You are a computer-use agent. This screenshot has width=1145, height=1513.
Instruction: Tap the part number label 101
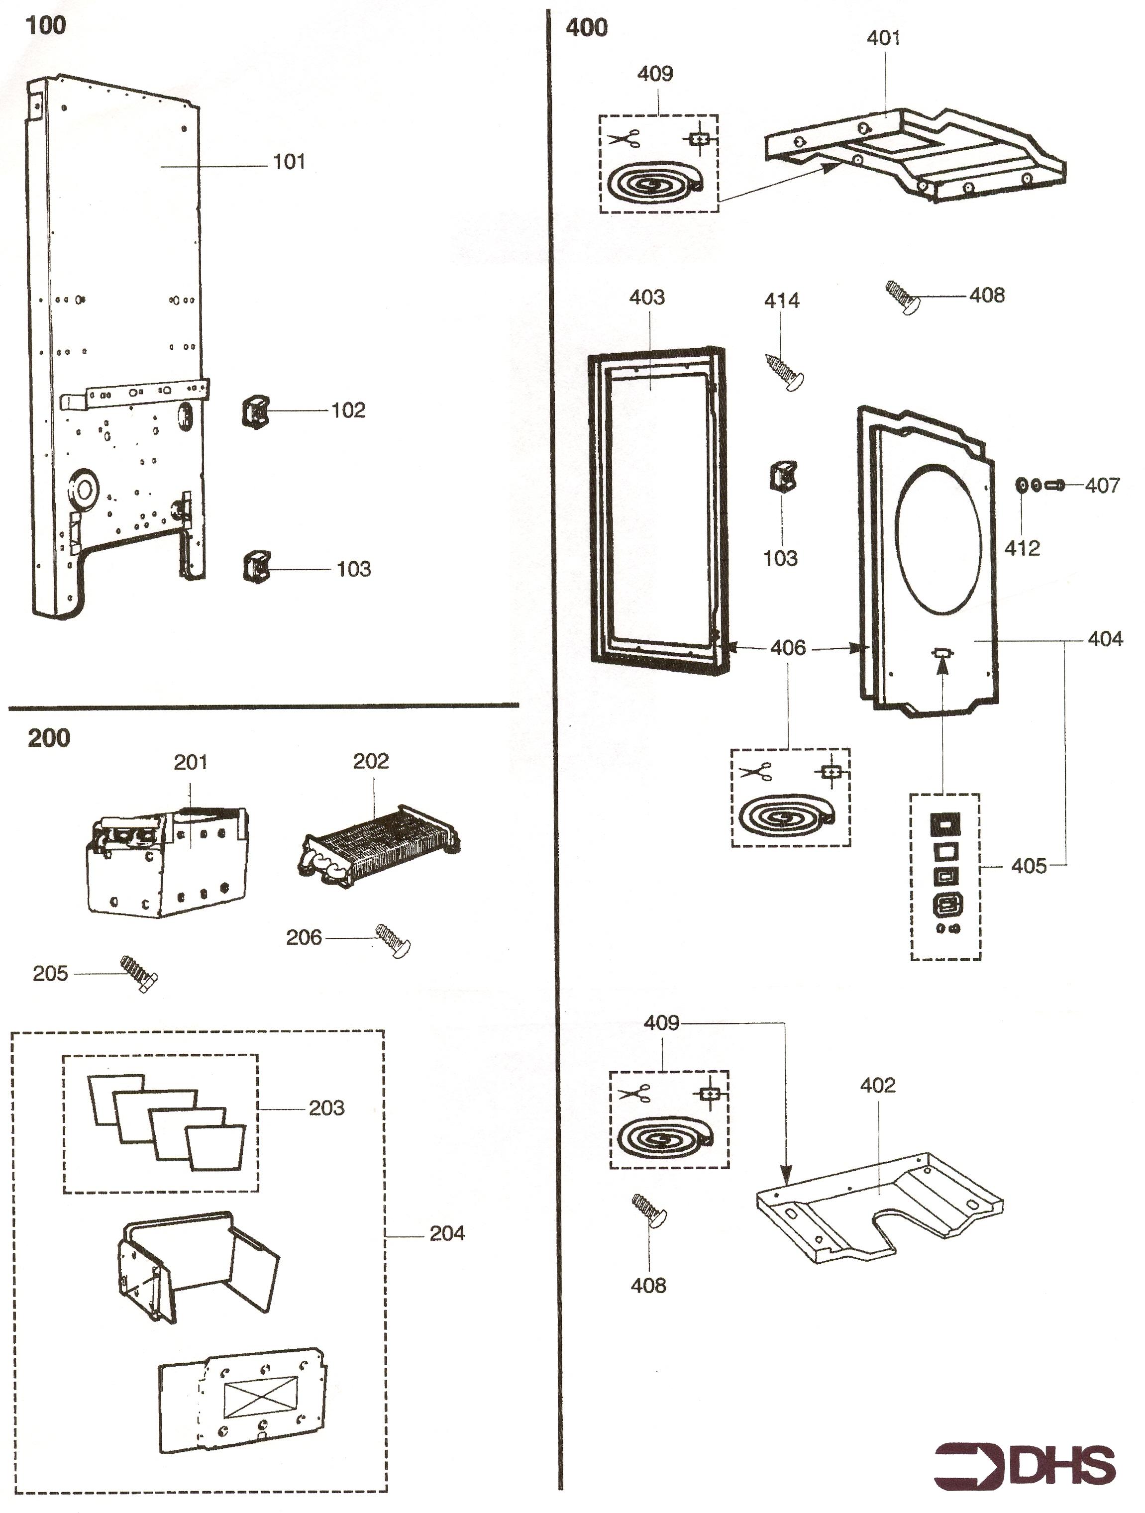(x=289, y=162)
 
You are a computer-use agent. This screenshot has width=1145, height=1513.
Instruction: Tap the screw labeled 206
(x=393, y=940)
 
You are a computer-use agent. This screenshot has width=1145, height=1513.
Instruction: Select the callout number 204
(x=447, y=1233)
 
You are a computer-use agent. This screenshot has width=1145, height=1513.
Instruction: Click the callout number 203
(x=326, y=1108)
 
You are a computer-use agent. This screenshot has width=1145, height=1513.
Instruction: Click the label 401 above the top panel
(x=883, y=38)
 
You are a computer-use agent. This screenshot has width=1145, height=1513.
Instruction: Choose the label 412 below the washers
(x=1022, y=548)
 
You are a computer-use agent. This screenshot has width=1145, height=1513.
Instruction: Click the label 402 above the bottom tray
(x=878, y=1085)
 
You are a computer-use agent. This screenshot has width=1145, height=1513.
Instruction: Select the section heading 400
(x=586, y=28)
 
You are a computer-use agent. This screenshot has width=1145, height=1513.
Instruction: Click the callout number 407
(x=1102, y=486)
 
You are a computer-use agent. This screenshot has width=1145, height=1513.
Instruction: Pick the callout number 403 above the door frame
(x=646, y=297)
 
